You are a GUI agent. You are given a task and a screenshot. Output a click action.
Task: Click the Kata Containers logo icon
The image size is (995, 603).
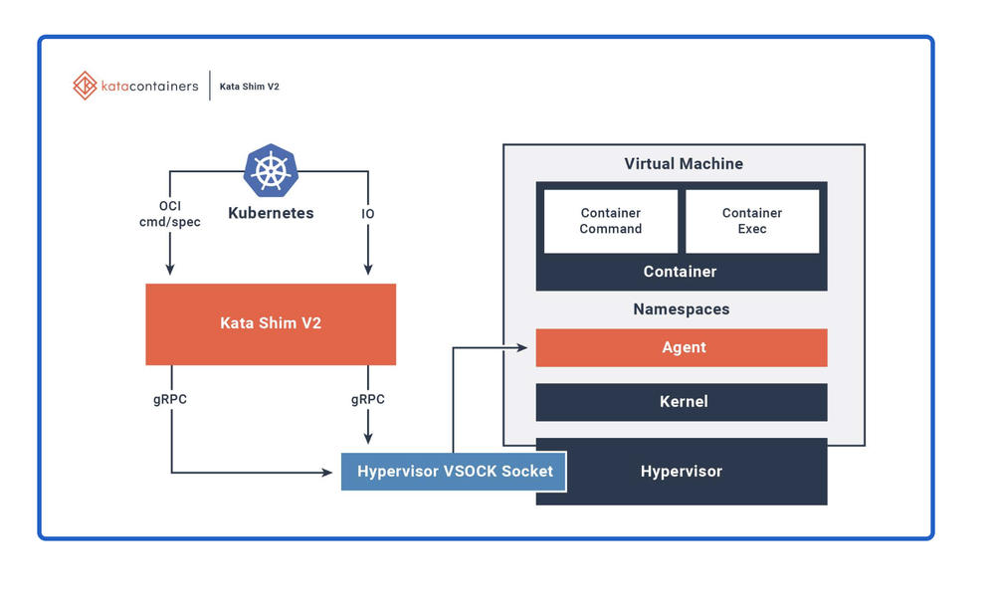[x=85, y=86]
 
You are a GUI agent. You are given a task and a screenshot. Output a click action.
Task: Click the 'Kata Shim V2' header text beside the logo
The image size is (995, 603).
[x=249, y=87]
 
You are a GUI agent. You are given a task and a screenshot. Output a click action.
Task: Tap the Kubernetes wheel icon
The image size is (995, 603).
[x=271, y=170]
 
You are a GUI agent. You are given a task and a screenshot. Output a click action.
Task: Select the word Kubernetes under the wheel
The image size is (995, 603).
[x=271, y=213]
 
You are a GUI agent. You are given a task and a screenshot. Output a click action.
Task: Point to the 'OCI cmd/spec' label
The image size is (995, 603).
[x=170, y=214]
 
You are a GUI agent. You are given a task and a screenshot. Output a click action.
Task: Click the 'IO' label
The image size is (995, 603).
[x=368, y=213]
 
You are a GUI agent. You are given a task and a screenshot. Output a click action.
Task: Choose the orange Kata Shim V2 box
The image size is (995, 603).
[x=271, y=323]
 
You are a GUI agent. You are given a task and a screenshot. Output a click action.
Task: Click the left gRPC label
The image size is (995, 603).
[x=170, y=399]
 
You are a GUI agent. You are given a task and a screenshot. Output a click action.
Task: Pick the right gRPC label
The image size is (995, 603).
[x=368, y=399]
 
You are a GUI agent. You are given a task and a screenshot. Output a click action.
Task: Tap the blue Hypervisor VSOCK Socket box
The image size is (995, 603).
[x=454, y=472]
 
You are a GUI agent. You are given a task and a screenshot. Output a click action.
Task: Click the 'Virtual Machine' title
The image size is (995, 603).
[x=684, y=164]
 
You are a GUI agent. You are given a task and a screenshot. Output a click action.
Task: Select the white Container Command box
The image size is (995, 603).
[x=611, y=221]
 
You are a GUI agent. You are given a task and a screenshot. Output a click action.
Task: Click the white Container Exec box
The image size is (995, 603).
[x=752, y=221]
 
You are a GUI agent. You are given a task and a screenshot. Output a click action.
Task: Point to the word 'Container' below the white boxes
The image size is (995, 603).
[x=681, y=272]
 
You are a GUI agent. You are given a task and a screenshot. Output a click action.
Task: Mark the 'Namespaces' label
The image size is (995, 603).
[x=682, y=309]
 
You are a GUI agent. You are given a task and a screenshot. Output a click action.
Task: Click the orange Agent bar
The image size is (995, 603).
[x=682, y=347]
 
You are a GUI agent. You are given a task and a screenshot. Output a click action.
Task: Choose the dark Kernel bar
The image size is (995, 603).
[x=682, y=402]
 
